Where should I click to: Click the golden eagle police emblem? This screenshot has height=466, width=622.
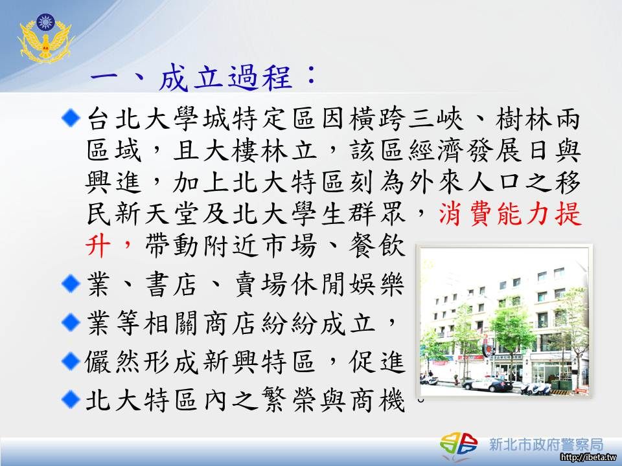(45, 38)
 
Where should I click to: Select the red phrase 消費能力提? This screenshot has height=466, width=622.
(510, 214)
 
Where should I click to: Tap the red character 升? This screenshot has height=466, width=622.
(98, 246)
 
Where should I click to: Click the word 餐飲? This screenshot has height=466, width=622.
(377, 246)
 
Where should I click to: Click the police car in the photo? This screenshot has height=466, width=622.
(488, 384)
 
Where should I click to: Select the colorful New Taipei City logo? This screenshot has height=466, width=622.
(459, 443)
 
